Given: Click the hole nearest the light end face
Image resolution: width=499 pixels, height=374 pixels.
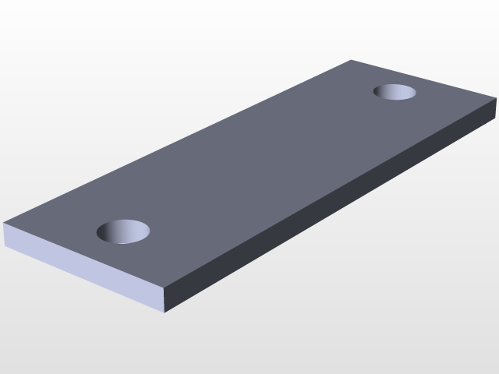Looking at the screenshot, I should pyautogui.click(x=123, y=231).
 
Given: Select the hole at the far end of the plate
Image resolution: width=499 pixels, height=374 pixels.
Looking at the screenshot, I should pyautogui.click(x=395, y=92).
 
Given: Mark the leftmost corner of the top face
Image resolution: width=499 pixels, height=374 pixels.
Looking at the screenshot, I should pyautogui.click(x=4, y=224).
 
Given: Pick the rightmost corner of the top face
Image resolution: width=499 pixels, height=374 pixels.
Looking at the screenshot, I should pyautogui.click(x=496, y=98).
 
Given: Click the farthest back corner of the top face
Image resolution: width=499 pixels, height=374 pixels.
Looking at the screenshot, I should pyautogui.click(x=351, y=60).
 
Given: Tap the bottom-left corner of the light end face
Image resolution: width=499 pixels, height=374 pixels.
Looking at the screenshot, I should pyautogui.click(x=5, y=245).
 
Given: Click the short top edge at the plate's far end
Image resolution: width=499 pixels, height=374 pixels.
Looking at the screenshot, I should pyautogui.click(x=423, y=79).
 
